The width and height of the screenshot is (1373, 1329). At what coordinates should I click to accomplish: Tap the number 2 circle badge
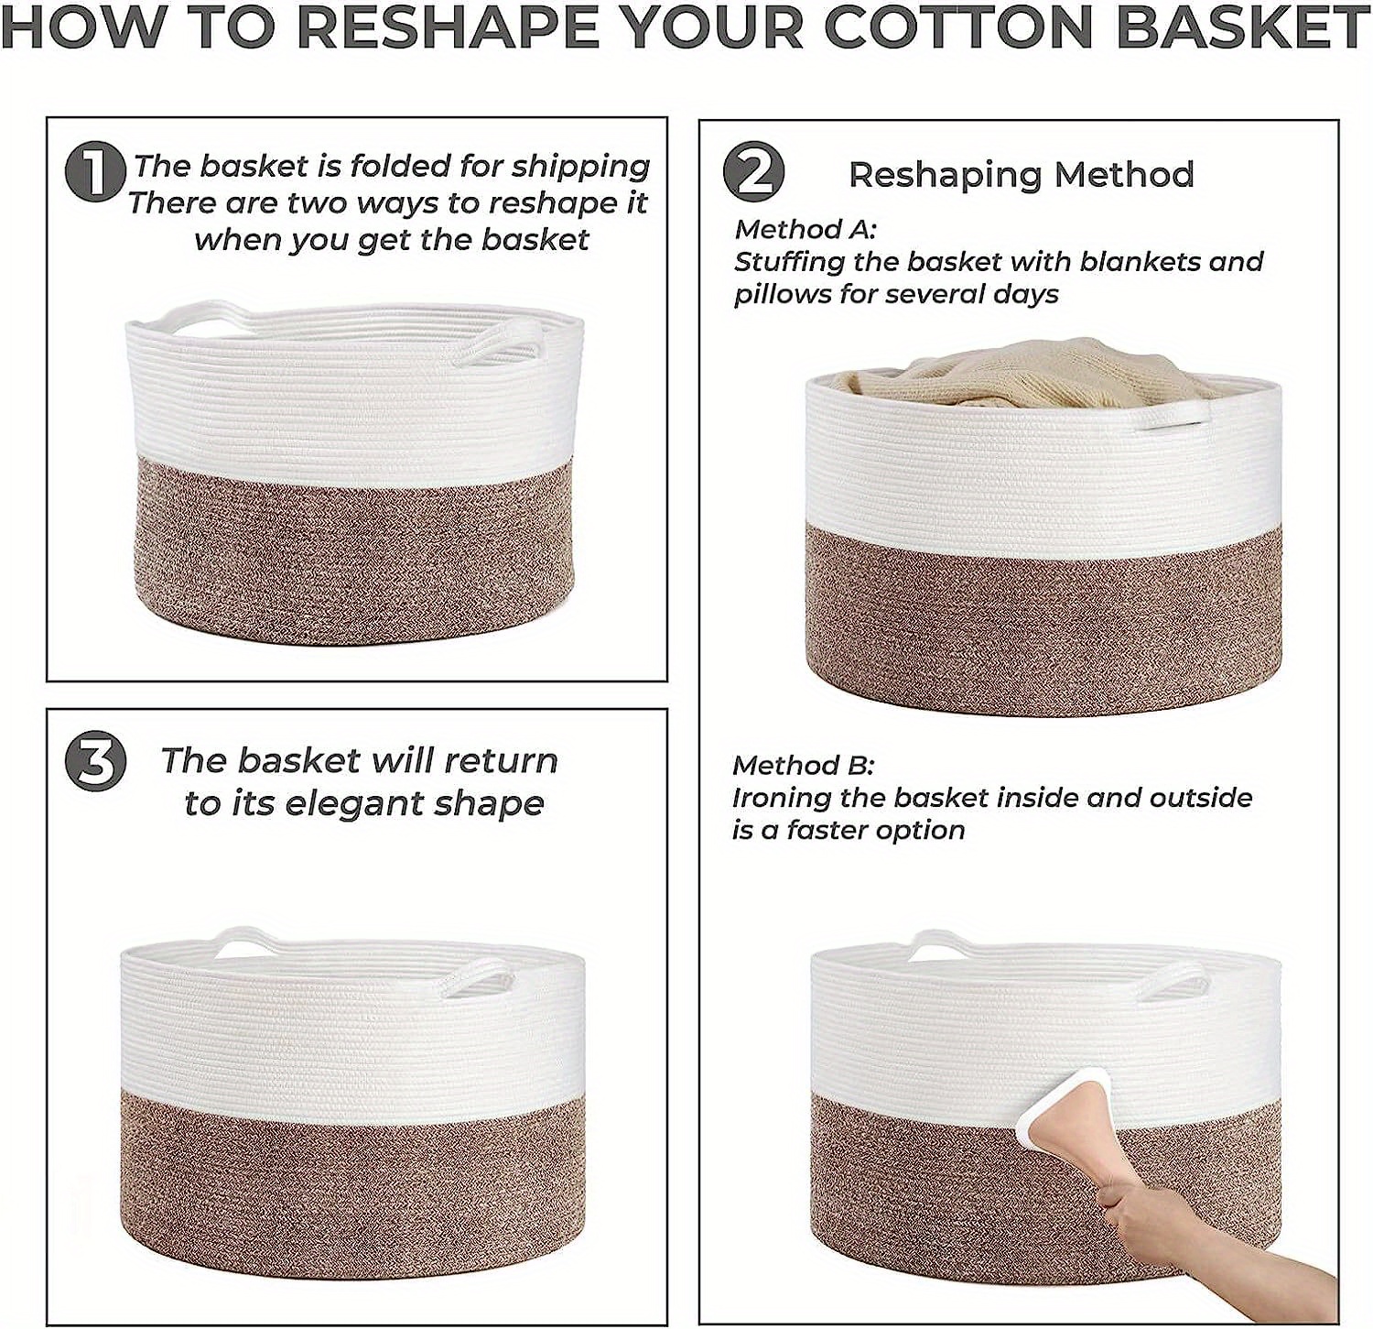click(x=753, y=171)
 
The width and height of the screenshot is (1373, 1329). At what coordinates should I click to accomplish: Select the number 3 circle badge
click(x=94, y=762)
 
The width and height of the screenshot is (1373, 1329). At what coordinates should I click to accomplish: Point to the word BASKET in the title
click(x=1240, y=27)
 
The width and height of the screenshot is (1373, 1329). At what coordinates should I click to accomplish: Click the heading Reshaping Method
click(x=1021, y=174)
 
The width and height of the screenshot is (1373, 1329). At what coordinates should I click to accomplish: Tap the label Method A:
click(x=805, y=229)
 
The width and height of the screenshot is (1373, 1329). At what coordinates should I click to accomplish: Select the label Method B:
click(x=803, y=765)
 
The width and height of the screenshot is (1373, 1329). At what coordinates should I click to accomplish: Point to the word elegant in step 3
click(x=352, y=803)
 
